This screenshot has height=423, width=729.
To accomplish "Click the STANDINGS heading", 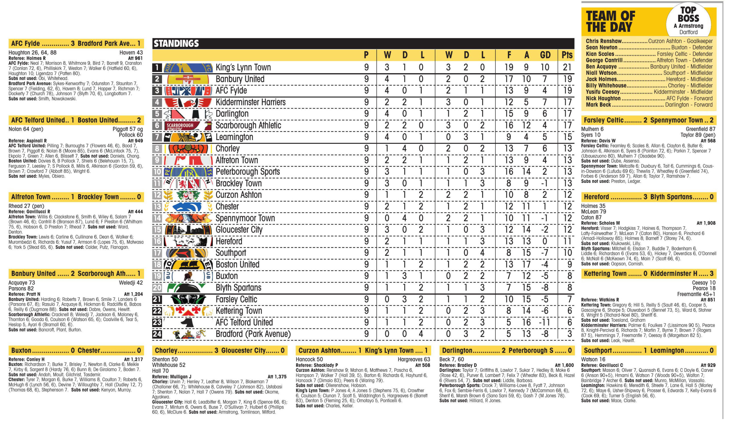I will coord(176,43).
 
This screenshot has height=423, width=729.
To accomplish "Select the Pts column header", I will coord(567,55).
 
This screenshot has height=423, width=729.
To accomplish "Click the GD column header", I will coord(545,55).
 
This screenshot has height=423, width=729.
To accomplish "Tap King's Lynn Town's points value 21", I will coord(567,68).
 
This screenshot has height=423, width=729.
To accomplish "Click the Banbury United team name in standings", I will coord(240,79).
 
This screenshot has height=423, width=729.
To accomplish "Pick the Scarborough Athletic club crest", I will coord(187,126).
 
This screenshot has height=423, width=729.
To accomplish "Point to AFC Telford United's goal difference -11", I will coord(544,322).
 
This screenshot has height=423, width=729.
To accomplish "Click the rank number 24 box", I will coord(157,334).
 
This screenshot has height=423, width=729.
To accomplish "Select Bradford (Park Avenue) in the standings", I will coord(253,334).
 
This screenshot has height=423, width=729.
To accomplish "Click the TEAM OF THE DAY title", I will coord(610,21).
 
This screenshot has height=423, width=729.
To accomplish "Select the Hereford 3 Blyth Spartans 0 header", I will coord(649,197).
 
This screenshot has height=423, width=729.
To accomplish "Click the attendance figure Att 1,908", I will coord(706,223).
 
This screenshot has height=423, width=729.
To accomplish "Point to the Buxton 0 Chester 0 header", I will coord(76,350).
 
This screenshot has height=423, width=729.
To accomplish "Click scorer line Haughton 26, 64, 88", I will coord(33,53).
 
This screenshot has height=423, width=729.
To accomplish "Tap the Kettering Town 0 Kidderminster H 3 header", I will coord(649,274).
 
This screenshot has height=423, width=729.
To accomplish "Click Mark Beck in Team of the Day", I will coord(598,105).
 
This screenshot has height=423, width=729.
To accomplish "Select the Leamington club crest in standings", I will coord(187,137).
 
